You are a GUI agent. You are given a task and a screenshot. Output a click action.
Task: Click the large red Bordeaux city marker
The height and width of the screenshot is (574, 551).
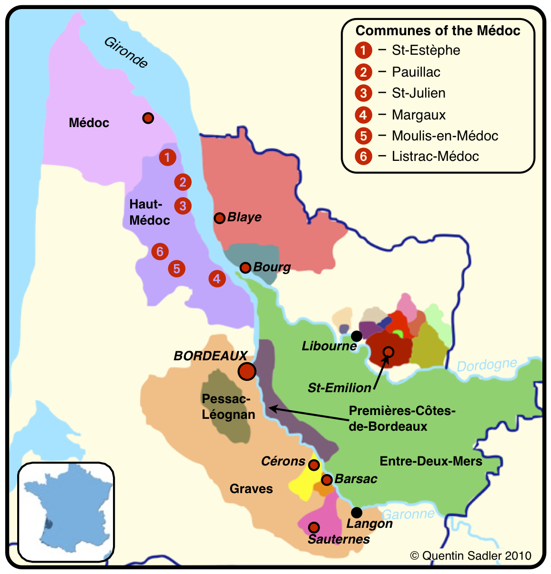[247, 371]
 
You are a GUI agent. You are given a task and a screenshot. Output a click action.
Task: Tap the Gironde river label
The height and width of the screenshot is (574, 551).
[126, 52]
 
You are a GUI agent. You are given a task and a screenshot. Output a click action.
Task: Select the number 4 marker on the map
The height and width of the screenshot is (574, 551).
[217, 278]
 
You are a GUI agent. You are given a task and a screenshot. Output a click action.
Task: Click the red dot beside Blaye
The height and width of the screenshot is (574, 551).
[219, 218]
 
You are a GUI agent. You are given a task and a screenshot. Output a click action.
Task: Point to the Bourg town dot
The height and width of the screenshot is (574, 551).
[245, 268]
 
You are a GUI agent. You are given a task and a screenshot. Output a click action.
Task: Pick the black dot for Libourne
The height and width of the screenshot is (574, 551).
[357, 336]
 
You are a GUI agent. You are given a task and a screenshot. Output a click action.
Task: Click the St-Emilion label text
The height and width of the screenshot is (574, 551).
[339, 388]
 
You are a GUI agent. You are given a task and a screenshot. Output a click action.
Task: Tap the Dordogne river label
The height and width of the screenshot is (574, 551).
[487, 365]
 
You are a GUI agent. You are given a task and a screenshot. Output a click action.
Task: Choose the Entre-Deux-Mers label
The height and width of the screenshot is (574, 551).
[431, 461]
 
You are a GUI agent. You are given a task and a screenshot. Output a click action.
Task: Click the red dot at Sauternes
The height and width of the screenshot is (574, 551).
[314, 527]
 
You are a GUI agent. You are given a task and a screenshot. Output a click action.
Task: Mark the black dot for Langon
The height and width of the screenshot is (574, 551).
[357, 513]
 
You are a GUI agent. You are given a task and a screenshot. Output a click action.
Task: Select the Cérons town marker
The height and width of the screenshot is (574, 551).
[314, 465]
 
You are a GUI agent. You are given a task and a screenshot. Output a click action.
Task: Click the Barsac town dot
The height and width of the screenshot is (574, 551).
[327, 479]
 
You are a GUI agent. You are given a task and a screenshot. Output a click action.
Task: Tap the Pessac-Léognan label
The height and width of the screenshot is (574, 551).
[228, 406]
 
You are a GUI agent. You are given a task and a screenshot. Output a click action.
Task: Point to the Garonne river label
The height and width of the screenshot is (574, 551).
[408, 514]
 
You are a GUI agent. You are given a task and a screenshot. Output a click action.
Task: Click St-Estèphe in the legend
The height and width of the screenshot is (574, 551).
[426, 50]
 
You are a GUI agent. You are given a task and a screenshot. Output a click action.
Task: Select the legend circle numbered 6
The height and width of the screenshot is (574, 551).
[363, 156]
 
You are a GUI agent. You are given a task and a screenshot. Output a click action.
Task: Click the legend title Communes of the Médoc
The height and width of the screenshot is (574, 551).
[438, 30]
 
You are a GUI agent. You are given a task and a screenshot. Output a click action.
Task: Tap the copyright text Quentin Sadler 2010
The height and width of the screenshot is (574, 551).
[470, 555]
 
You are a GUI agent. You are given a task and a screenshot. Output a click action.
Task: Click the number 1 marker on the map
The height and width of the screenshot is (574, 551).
[167, 157]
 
